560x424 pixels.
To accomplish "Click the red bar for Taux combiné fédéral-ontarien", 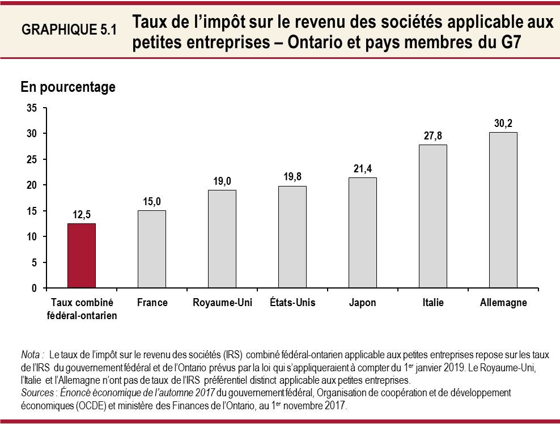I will [82, 256].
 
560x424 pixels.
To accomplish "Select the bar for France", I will [152, 249].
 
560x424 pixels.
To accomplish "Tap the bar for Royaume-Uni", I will [222, 239].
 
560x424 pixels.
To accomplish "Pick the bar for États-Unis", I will [292, 237].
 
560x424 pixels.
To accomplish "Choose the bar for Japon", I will [363, 233].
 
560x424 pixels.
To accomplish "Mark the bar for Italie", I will [433, 217].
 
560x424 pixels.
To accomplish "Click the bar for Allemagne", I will [503, 210].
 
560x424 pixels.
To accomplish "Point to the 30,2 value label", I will [503, 123].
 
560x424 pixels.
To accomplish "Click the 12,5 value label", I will [82, 214].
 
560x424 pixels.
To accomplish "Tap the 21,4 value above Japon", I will [363, 168].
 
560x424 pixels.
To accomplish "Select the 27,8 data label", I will [433, 135].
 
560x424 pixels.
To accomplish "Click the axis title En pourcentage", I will [68, 87].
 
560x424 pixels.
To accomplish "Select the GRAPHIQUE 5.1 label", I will [69, 31].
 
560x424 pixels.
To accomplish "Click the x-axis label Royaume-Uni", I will [222, 303].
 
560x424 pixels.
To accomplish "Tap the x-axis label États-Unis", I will [292, 303].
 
